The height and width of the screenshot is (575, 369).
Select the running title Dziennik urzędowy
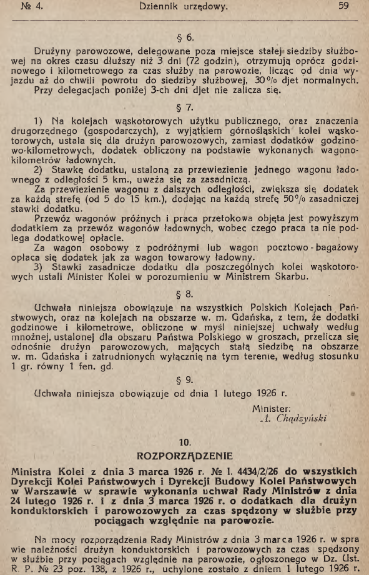[183, 8]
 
